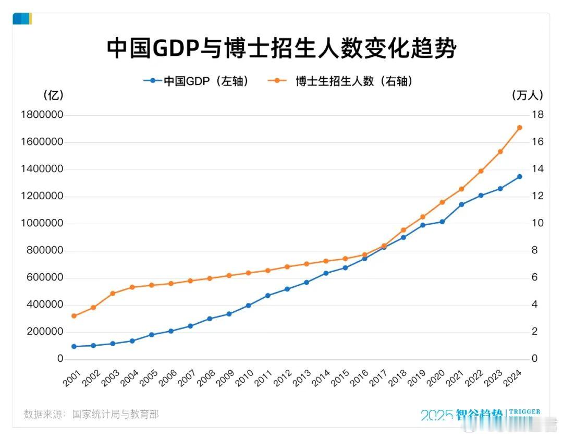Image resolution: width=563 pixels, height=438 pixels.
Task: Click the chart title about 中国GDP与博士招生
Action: click(x=281, y=48)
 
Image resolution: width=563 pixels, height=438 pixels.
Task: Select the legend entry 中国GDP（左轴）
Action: click(x=195, y=81)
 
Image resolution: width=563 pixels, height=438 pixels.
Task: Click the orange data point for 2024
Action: click(x=519, y=128)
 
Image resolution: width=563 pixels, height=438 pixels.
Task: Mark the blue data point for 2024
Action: click(x=519, y=177)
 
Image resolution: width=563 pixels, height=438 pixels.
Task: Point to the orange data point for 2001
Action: click(x=74, y=316)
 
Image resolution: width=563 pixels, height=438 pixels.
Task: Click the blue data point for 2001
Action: click(x=74, y=346)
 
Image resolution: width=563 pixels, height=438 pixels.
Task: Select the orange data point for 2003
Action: click(x=113, y=294)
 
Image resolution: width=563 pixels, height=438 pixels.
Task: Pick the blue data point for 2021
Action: click(x=461, y=204)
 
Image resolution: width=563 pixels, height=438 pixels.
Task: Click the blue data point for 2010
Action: click(x=249, y=306)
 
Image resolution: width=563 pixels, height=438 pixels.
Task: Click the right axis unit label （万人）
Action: click(x=528, y=95)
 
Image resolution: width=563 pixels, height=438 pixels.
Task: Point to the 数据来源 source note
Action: click(x=91, y=415)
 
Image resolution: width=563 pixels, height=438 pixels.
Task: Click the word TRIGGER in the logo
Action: click(x=524, y=412)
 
